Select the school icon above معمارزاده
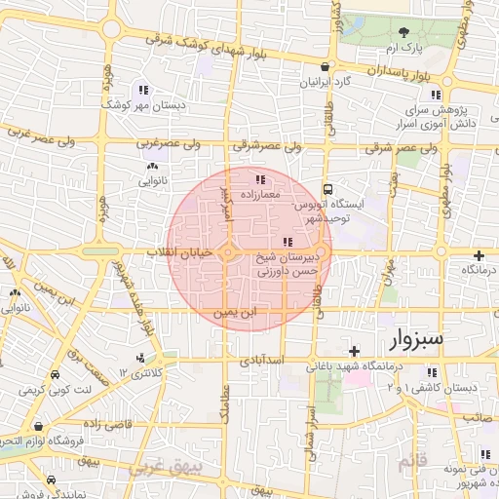259,179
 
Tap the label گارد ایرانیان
323,84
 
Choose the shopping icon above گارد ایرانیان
324,67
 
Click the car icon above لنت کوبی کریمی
54,375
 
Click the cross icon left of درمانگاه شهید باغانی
355,350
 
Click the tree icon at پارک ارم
404,31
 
